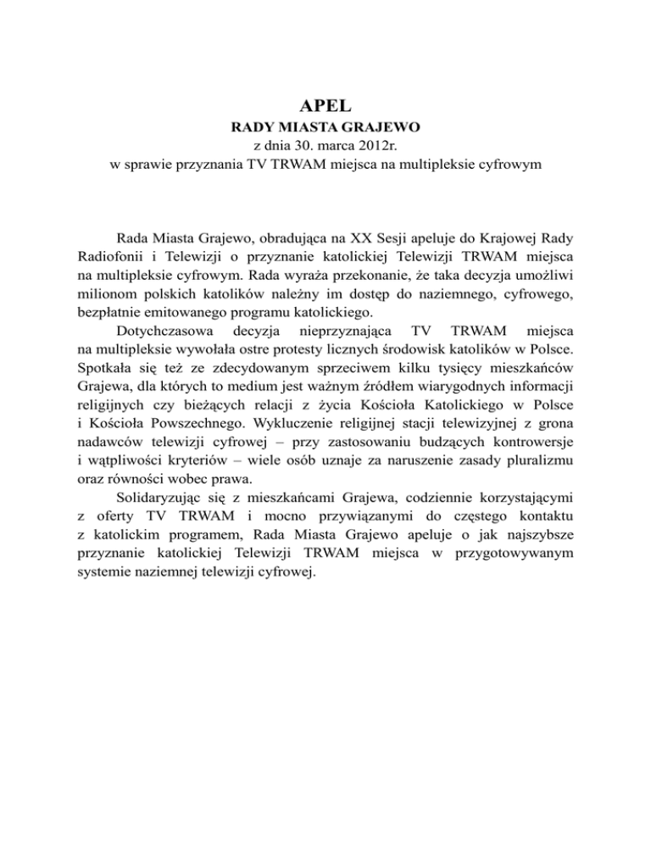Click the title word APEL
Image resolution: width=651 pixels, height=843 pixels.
coord(325,108)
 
